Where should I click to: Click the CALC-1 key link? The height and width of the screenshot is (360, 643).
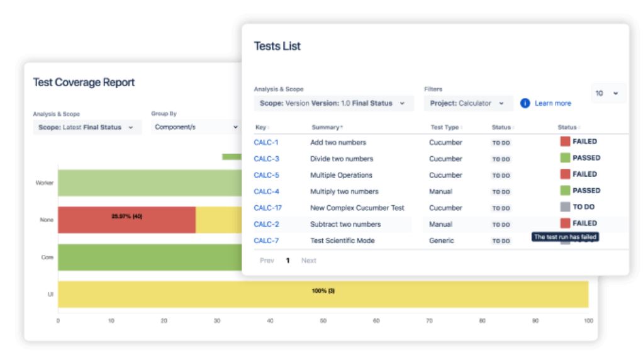266,142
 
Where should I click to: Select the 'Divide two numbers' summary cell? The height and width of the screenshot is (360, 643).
342,159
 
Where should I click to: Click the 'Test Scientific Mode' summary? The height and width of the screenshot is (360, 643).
343,240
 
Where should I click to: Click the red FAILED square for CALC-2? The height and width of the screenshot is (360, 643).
565,223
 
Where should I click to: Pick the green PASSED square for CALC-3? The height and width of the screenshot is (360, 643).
565,158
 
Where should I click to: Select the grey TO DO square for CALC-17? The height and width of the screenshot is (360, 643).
565,207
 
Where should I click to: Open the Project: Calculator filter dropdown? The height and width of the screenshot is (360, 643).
467,103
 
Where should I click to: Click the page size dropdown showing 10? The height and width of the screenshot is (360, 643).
607,93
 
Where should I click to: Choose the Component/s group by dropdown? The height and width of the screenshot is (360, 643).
196,127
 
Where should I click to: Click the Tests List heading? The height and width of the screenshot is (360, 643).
277,46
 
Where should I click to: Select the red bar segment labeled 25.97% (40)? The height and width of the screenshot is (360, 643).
126,220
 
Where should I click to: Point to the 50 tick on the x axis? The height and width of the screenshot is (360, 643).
323,321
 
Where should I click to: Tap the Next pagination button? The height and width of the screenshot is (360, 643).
308,261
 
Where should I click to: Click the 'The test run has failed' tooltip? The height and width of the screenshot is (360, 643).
565,237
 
